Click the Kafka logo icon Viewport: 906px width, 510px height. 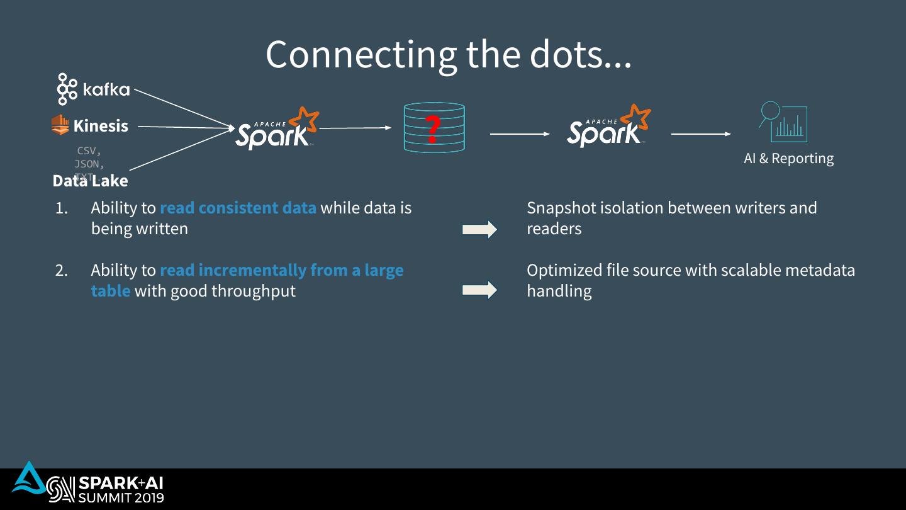click(x=67, y=89)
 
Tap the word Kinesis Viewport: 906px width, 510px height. click(x=101, y=126)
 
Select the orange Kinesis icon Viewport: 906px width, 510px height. click(x=60, y=125)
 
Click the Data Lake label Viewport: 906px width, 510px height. click(x=90, y=181)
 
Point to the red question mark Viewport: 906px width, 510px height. click(x=432, y=128)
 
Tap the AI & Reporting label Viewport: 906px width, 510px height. click(x=788, y=158)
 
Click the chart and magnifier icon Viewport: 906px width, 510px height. click(x=783, y=122)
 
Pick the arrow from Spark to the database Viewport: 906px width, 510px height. click(x=355, y=128)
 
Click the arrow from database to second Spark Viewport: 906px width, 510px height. click(x=520, y=134)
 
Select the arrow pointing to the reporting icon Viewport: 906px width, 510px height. click(x=701, y=134)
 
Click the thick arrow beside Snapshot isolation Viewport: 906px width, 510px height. click(x=479, y=230)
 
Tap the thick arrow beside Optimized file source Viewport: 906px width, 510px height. click(x=479, y=290)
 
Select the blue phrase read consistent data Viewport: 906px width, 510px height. click(x=238, y=208)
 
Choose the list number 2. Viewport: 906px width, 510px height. click(x=62, y=271)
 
